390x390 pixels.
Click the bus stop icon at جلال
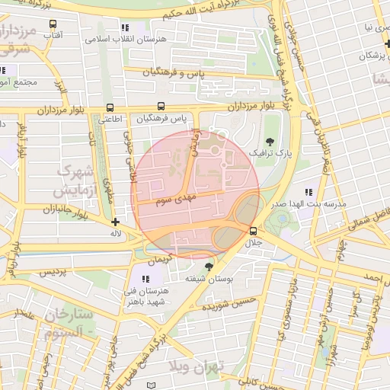pyautogui.click(x=253, y=231)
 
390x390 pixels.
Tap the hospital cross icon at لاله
pyautogui.click(x=115, y=222)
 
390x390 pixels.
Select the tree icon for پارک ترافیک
pyautogui.click(x=269, y=141)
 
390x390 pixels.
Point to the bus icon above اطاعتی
pyautogui.click(x=110, y=107)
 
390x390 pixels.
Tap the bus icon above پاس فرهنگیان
pyautogui.click(x=161, y=107)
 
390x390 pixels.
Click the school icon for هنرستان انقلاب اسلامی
pyautogui.click(x=124, y=28)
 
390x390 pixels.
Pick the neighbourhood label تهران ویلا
pyautogui.click(x=197, y=366)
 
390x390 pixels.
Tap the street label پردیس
pyautogui.click(x=53, y=272)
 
